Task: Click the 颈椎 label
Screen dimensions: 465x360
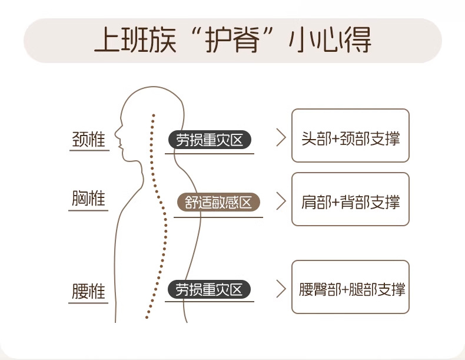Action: pos(89,140)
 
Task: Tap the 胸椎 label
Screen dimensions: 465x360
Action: pos(89,199)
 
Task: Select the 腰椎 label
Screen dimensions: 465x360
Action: pos(89,292)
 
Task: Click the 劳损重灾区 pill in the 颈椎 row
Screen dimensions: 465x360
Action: pos(210,140)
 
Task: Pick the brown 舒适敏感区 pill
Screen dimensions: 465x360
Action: pos(218,203)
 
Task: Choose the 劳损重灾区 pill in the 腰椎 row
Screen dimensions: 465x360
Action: pos(210,290)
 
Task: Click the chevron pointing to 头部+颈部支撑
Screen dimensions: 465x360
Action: pos(281,139)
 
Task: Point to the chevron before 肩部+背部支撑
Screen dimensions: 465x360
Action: pos(281,203)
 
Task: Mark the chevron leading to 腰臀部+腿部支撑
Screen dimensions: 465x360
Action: pos(281,289)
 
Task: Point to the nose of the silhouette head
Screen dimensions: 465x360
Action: pos(115,131)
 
